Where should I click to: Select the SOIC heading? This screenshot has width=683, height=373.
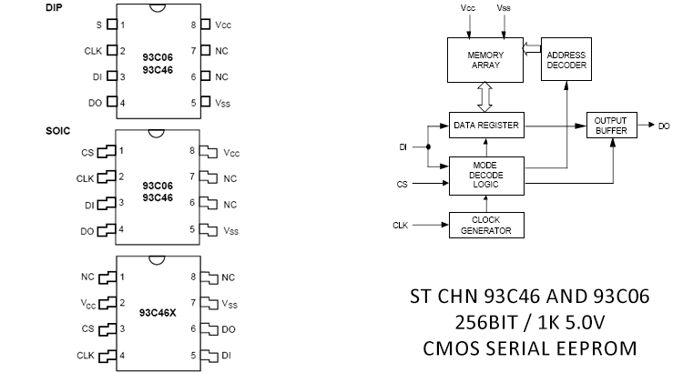57,131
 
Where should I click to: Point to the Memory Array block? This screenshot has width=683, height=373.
485,60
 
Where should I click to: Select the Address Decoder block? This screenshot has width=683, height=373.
567,60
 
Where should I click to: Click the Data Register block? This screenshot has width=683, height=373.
487,125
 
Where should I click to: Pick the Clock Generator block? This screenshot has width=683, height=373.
487,224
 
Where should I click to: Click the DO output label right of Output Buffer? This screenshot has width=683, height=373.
664,126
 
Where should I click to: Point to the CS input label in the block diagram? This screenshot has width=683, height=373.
402,184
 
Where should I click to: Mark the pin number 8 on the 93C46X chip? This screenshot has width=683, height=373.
193,277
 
